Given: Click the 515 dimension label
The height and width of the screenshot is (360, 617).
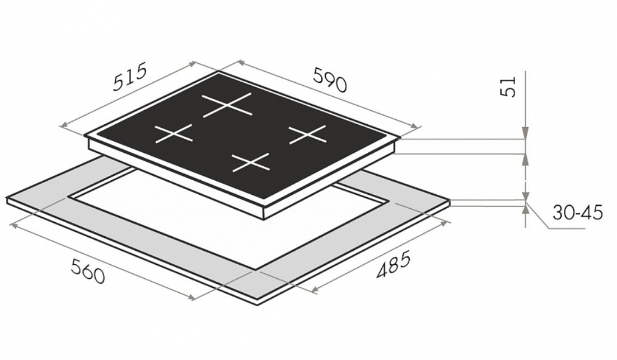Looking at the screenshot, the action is pos(129,76).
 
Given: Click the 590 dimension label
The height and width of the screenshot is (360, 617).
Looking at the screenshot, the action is pos(330,80).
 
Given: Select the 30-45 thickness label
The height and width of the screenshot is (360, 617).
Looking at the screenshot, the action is pos(578,212).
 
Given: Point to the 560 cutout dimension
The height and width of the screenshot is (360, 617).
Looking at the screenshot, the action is pos(88,271).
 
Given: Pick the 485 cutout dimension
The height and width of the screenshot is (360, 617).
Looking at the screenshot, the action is pos(393,264).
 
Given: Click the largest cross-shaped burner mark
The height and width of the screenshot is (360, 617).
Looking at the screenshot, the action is pos(227,105).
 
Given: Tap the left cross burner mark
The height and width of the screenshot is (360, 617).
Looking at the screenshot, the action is pos(174,133).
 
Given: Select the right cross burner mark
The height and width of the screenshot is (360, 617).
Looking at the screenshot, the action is pos(308,134).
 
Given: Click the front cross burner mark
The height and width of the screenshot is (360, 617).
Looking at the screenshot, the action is pos(251,162).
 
